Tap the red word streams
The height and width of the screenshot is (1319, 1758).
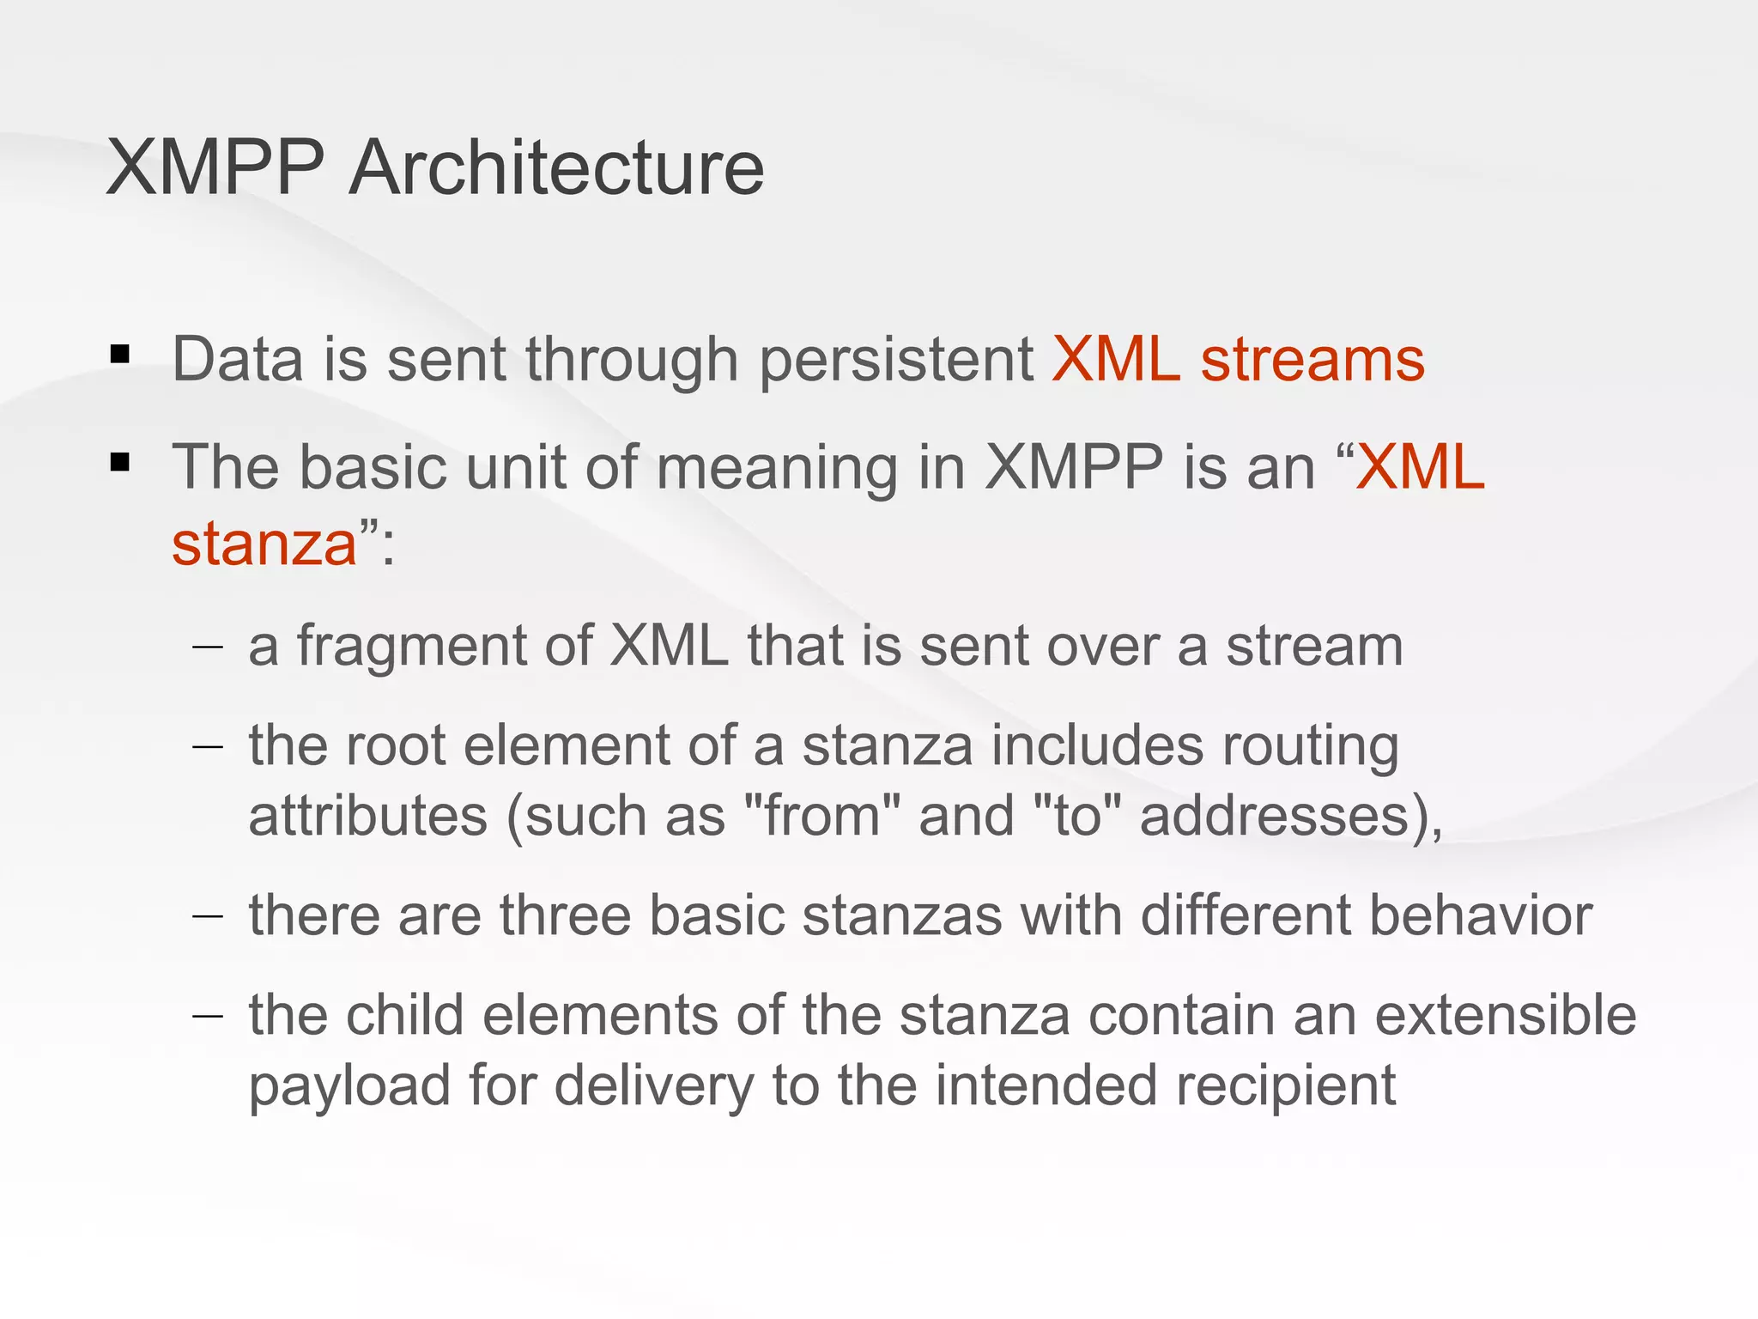[x=1312, y=359]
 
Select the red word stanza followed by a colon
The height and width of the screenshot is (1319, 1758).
[x=264, y=544]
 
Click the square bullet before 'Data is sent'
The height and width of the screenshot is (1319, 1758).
[x=120, y=354]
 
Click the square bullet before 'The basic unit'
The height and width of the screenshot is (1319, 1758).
[x=120, y=463]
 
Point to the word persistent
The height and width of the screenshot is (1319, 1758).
[x=896, y=361]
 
